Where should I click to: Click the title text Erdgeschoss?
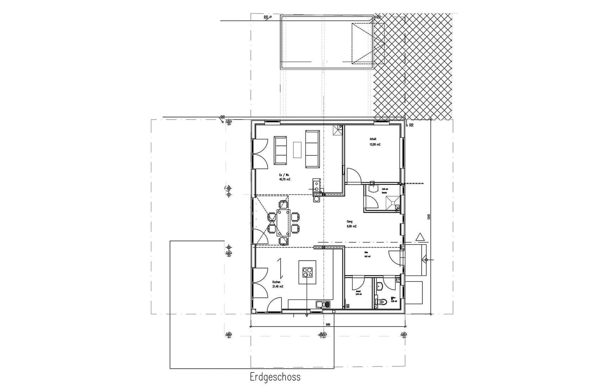(x=275, y=377)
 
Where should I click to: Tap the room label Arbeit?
(x=373, y=139)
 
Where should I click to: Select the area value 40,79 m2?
(x=285, y=179)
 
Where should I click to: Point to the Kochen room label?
(x=276, y=282)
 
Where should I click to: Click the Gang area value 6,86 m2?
(x=352, y=226)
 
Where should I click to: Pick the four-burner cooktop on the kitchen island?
(x=307, y=273)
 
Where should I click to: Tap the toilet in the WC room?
(x=383, y=302)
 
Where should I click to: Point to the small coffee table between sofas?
(x=297, y=150)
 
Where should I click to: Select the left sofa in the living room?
(x=280, y=150)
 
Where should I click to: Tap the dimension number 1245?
(x=429, y=217)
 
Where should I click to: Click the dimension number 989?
(x=328, y=324)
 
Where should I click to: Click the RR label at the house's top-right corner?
(x=411, y=125)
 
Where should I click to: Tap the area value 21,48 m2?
(x=277, y=287)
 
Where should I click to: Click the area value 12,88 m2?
(x=375, y=145)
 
